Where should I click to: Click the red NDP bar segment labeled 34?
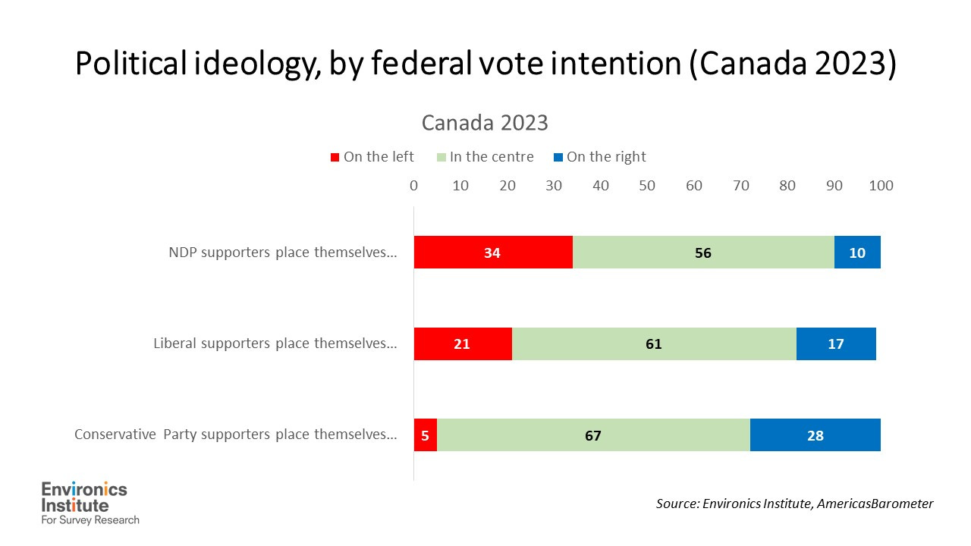point(492,253)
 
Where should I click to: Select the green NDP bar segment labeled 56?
point(702,253)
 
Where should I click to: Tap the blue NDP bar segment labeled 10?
point(857,253)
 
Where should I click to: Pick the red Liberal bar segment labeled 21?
point(462,344)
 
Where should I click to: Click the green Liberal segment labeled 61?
point(653,344)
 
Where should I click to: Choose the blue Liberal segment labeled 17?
point(835,344)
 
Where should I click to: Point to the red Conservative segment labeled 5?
point(425,435)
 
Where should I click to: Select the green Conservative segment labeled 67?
point(592,435)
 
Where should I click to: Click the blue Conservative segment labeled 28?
point(815,435)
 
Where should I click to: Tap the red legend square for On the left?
point(334,158)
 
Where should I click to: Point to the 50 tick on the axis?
point(647,185)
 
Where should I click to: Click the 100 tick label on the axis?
point(881,185)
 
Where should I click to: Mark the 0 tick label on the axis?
point(413,185)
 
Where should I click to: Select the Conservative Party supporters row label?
point(235,435)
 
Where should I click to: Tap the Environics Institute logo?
point(90,503)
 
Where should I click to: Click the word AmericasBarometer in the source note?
point(875,503)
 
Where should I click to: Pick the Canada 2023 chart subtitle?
point(485,123)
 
